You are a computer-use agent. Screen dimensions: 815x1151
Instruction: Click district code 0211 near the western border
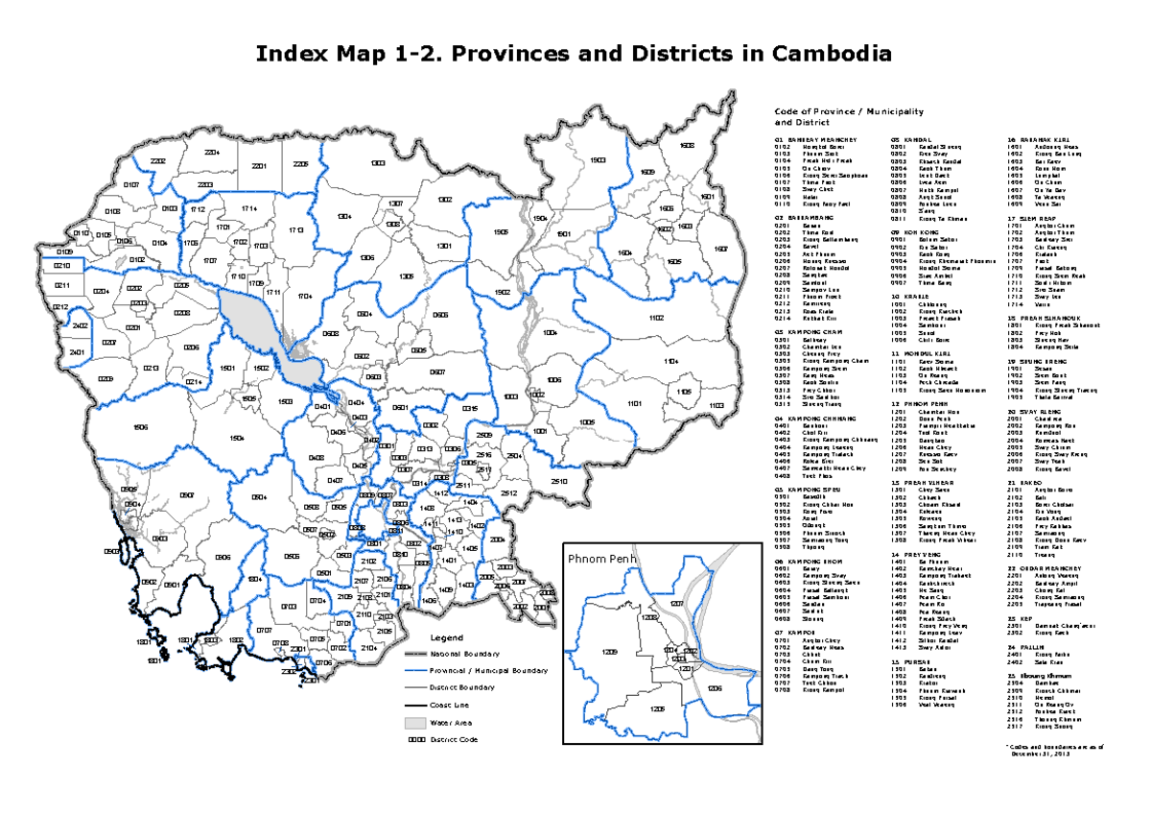tap(61, 286)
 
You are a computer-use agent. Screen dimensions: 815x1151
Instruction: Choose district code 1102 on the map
tap(656, 317)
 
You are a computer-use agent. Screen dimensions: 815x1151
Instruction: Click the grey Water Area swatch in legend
tap(413, 722)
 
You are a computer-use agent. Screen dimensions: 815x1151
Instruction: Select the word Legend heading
tap(446, 638)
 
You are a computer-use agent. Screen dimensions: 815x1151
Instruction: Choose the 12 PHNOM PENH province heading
tap(919, 405)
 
